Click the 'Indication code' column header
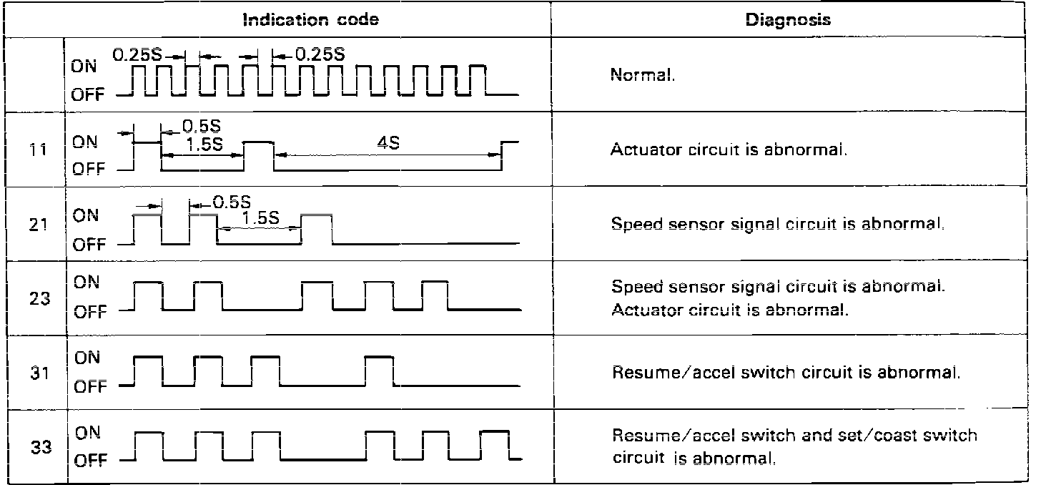point(311,19)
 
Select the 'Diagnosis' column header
point(788,20)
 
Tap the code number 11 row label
point(39,151)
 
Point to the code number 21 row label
point(39,225)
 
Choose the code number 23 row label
point(39,298)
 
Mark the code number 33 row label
point(39,449)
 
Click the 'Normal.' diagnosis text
point(642,75)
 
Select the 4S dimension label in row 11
point(388,142)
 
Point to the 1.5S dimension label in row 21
point(260,218)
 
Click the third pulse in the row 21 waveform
point(316,229)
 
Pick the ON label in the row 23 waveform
point(87,282)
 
